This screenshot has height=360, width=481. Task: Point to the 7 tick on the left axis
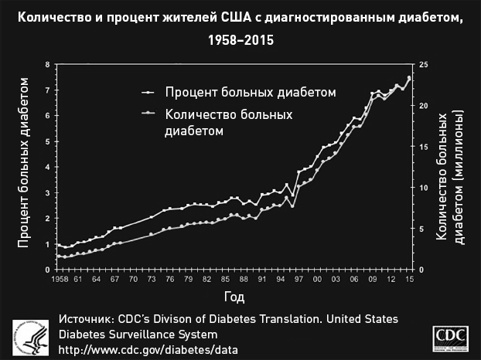tap(48, 90)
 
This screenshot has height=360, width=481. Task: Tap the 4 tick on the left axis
tap(48, 167)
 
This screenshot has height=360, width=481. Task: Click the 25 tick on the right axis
tap(422, 64)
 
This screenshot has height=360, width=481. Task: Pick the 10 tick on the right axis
tap(422, 188)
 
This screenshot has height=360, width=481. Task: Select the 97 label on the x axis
tap(298, 279)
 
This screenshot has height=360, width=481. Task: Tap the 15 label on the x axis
tap(408, 279)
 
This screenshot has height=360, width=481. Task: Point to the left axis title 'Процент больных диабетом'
tap(25, 167)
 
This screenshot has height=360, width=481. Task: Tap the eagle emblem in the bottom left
tap(29, 336)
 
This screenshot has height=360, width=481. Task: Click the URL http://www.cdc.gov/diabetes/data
tap(148, 349)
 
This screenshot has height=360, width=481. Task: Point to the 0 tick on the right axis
tap(420, 269)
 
